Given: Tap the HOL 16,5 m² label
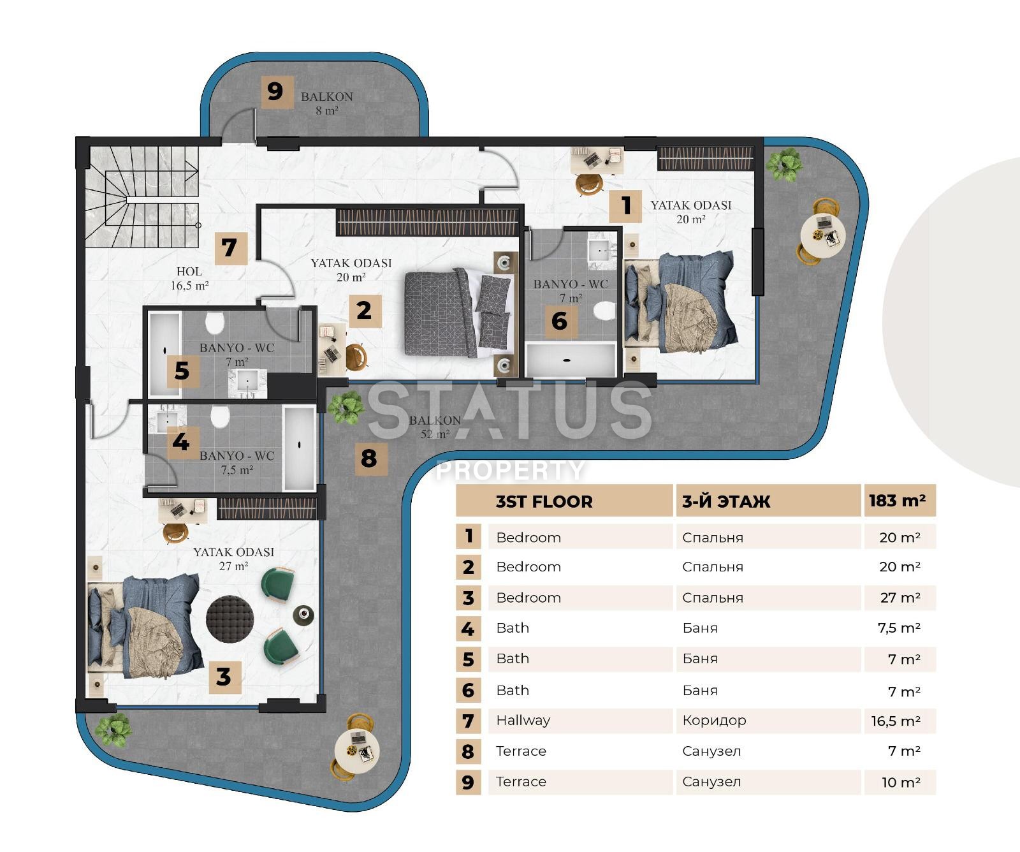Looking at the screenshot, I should point(189,279).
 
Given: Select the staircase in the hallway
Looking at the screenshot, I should point(142,196).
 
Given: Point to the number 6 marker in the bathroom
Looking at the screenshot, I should point(559,321).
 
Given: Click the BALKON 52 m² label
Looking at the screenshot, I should point(435,427).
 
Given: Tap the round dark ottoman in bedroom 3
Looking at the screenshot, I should point(230,620).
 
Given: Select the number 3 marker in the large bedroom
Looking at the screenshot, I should point(224,677).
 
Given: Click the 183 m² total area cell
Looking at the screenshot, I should point(898,501).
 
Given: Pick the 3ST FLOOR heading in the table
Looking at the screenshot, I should point(544,502).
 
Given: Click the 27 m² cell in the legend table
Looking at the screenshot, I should point(900,598).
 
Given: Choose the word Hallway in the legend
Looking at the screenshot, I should point(523,721).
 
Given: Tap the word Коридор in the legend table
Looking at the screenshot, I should point(714,721).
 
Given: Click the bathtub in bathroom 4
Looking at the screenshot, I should point(299,448).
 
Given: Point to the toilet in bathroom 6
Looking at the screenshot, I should point(604,311).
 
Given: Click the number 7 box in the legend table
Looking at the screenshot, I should point(469,721).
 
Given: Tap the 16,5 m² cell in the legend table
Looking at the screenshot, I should point(896,721).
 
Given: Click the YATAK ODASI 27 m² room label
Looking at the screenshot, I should point(233,558).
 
